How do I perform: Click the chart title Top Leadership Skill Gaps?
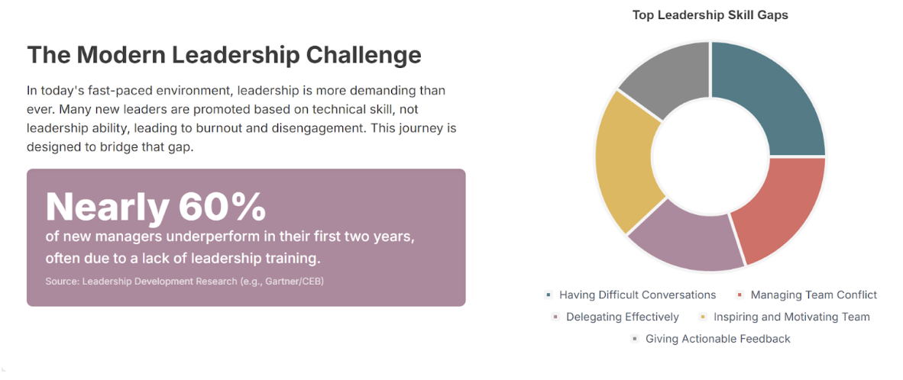710,15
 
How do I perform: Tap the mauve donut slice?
685,239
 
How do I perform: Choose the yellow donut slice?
625,161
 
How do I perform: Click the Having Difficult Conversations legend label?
637,295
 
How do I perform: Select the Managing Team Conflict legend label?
814,295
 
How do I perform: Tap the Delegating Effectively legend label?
623,317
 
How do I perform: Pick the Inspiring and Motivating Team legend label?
792,317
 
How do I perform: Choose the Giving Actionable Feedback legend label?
718,339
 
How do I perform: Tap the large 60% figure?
222,207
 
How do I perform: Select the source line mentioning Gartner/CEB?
184,281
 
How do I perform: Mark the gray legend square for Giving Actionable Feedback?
635,339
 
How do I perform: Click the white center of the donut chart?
710,156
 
